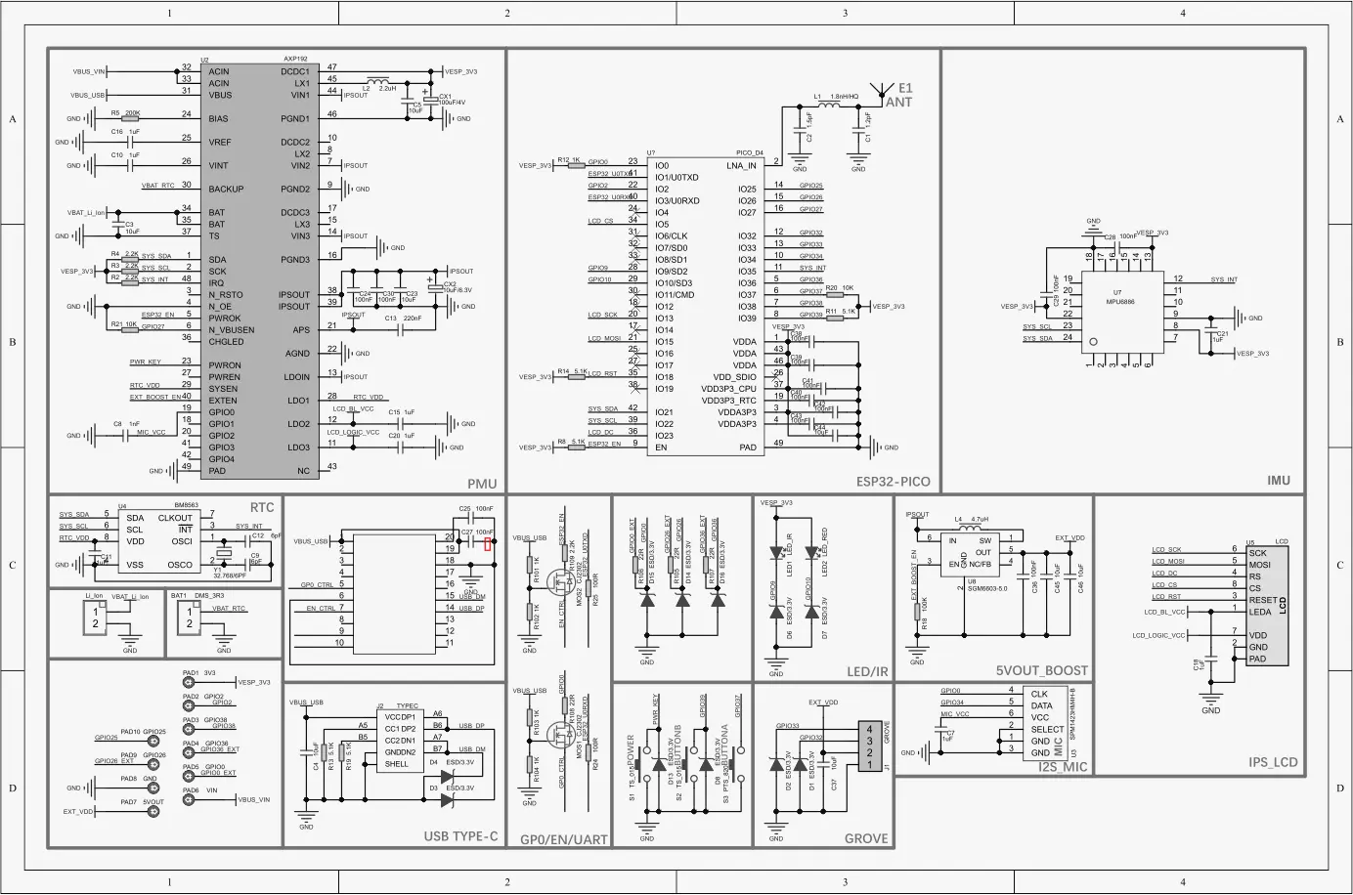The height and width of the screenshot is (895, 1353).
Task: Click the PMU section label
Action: (x=482, y=483)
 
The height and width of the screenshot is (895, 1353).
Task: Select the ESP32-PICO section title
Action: (x=893, y=482)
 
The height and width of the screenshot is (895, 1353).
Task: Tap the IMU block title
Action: (x=1278, y=481)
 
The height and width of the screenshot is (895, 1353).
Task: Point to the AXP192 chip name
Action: (x=295, y=60)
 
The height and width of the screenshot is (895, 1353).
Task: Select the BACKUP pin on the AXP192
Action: (x=225, y=190)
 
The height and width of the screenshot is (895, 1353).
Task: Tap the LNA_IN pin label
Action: (x=741, y=166)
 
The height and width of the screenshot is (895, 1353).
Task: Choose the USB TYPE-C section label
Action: (x=460, y=836)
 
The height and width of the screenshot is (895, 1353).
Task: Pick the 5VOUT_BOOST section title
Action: (x=1041, y=671)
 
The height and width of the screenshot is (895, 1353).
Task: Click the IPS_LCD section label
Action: (x=1273, y=762)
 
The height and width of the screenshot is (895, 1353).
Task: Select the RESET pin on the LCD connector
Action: (x=1262, y=600)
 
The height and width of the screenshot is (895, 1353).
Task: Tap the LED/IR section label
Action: (x=867, y=671)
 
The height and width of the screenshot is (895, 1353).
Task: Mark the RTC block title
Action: (x=262, y=508)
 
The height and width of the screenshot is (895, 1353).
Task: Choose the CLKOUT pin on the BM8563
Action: (x=175, y=518)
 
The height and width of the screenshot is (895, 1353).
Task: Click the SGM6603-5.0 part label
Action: (x=984, y=588)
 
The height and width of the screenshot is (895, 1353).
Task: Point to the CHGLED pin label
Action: (x=226, y=342)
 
